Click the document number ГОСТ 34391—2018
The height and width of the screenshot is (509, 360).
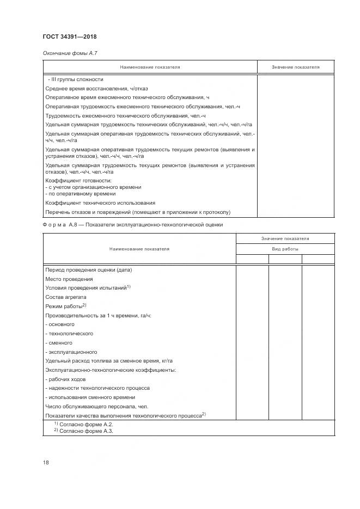[x=70, y=36]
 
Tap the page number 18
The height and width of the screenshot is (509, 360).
[x=46, y=462]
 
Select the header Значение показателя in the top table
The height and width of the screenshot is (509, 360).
[x=295, y=68]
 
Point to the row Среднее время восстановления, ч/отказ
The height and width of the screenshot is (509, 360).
[x=96, y=88]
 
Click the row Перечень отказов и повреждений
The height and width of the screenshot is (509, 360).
[x=138, y=212]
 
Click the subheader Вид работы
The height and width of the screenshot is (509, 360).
[x=285, y=249]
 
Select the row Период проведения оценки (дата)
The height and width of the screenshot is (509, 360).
[x=89, y=269]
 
